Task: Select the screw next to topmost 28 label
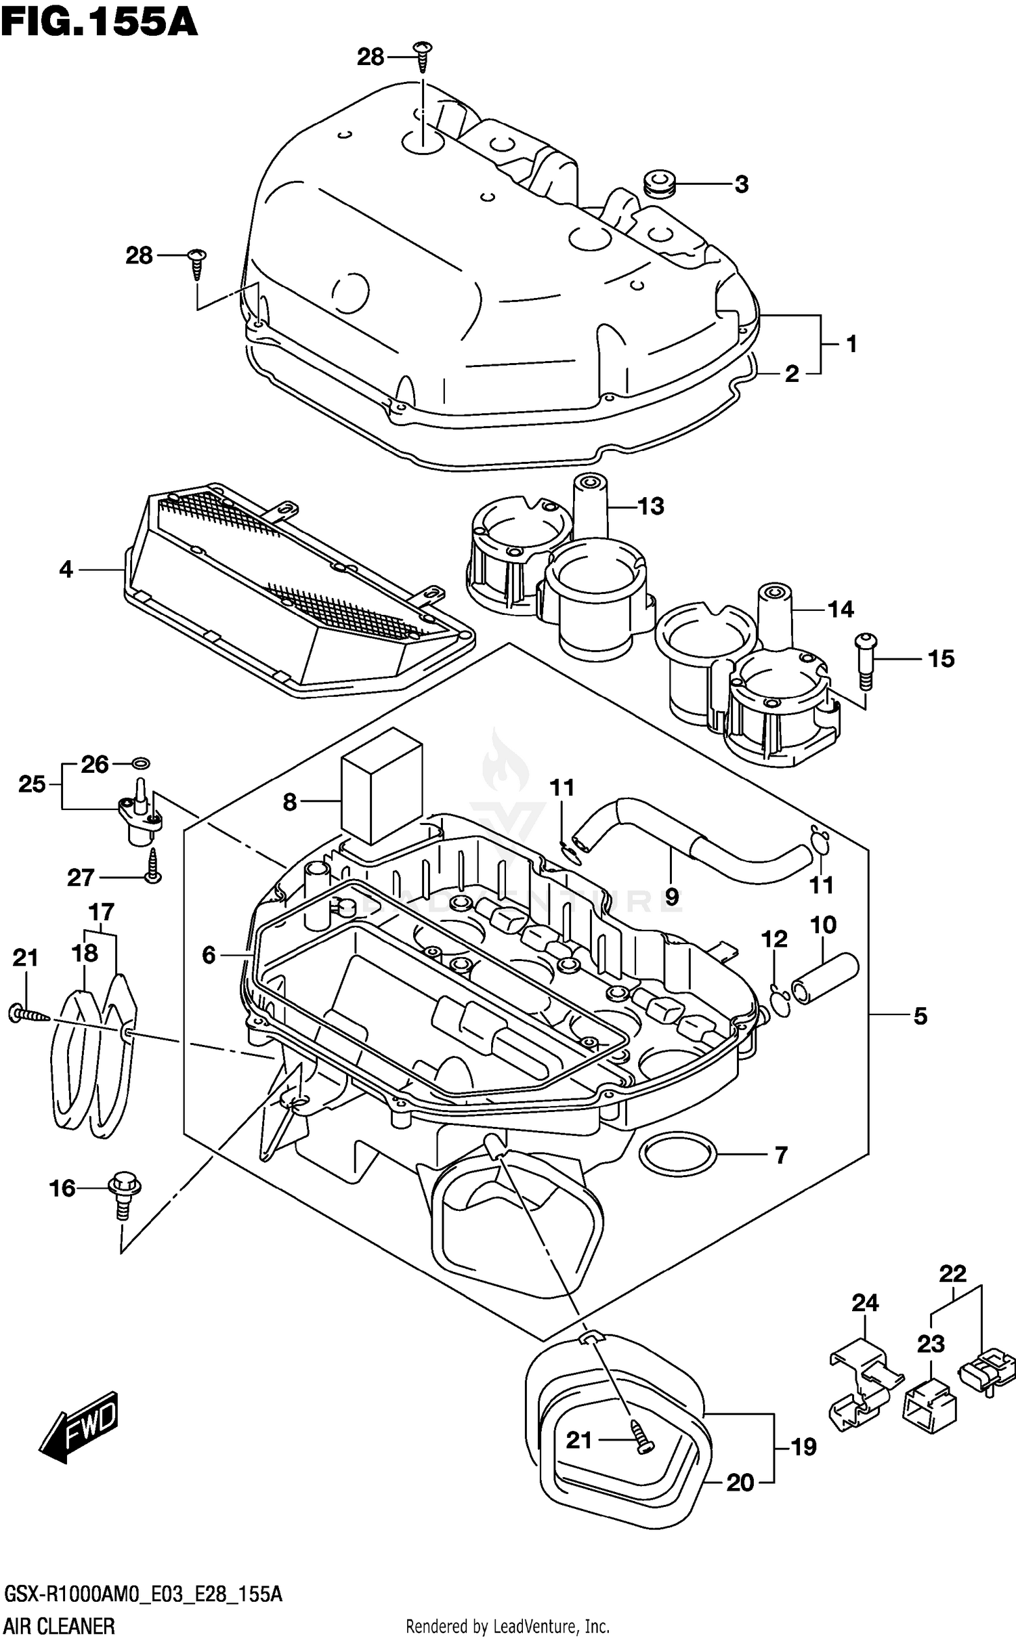[423, 56]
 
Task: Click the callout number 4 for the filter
[66, 570]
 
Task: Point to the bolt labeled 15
[866, 659]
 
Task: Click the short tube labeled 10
[825, 979]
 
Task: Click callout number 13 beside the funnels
[650, 506]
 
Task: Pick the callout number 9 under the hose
[671, 897]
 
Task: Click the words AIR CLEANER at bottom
[60, 1625]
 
